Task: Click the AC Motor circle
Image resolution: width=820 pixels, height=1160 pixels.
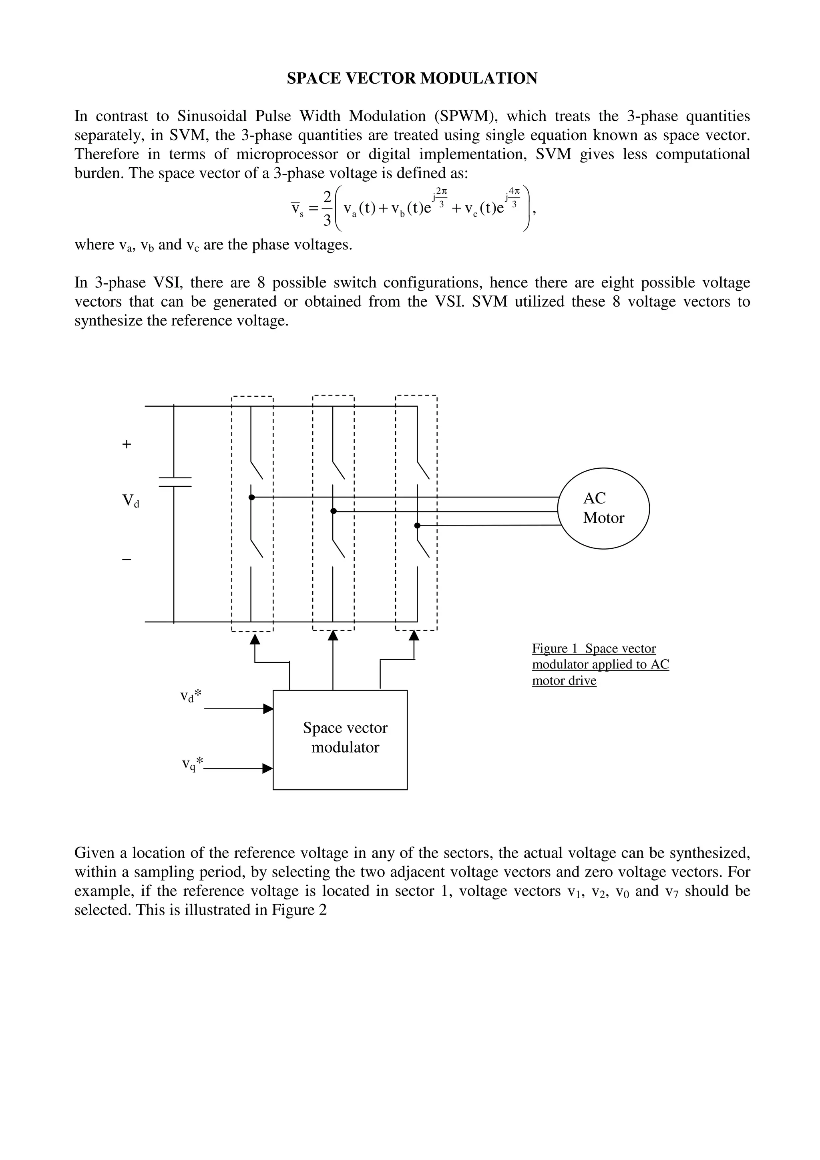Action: (x=603, y=508)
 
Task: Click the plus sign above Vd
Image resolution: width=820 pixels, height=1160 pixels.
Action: (x=126, y=445)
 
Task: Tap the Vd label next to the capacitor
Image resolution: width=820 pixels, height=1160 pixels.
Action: (x=131, y=501)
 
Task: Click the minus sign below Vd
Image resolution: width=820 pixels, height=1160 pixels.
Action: (x=126, y=560)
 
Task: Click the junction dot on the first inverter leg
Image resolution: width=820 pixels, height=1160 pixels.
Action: (x=251, y=498)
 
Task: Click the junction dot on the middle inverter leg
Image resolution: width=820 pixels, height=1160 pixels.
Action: (x=333, y=511)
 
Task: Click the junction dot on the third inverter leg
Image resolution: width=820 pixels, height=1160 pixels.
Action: (x=417, y=526)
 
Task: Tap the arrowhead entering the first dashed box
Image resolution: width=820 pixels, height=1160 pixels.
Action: (x=255, y=639)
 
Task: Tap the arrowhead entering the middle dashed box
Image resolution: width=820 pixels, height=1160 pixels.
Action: (x=333, y=636)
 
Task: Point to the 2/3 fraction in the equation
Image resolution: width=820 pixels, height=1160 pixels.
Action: (x=327, y=209)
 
